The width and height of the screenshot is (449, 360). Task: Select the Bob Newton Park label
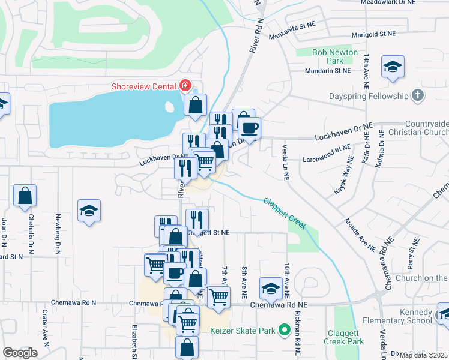click(328, 56)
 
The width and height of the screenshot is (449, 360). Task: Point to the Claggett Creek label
click(285, 214)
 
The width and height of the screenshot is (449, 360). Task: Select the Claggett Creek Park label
click(345, 337)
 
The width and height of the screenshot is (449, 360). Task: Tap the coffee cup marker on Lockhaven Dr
click(249, 127)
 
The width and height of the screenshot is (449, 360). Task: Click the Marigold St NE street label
click(373, 35)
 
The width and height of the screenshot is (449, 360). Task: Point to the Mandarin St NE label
click(328, 71)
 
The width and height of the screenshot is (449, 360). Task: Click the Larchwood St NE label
click(327, 150)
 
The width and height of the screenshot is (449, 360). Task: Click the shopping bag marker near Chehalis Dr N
click(25, 195)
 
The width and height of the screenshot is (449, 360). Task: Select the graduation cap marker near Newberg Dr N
click(89, 211)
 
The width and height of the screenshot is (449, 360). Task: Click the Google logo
click(20, 353)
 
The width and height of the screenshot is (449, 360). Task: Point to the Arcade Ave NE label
click(360, 236)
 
